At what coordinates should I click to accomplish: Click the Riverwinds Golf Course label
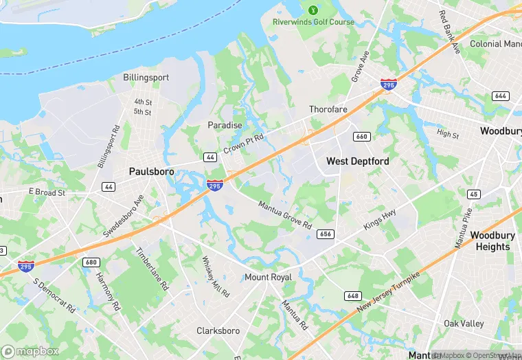(313, 22)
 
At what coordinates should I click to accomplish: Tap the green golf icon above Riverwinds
(313, 10)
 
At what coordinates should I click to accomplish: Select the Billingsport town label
(146, 78)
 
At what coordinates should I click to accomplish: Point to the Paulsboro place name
(151, 171)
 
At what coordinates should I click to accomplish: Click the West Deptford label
(357, 161)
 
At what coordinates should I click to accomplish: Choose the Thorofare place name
(328, 109)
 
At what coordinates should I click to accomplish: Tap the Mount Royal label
(269, 278)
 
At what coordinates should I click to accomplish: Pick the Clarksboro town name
(218, 331)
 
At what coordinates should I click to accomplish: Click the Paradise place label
(225, 125)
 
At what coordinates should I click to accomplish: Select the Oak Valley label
(464, 324)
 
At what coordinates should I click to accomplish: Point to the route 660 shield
(362, 137)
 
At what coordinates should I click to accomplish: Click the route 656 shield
(326, 234)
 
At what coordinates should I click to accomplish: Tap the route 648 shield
(353, 296)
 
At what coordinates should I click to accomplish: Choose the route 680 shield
(91, 262)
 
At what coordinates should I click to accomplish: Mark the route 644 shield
(501, 96)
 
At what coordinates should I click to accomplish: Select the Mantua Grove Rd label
(284, 214)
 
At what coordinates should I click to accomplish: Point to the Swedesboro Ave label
(123, 214)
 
